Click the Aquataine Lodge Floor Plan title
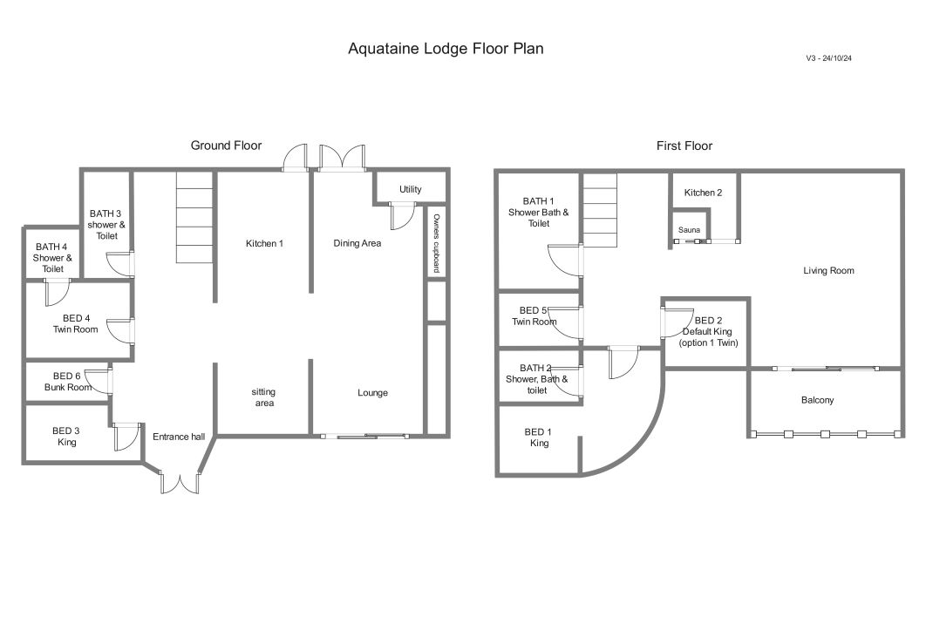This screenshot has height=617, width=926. point(446,49)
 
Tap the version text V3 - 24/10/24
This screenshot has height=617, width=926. point(828,58)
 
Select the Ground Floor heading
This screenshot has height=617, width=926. point(226,146)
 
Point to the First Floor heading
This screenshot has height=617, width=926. point(684,146)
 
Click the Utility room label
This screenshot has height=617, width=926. point(411,189)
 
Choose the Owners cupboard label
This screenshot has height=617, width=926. point(437,243)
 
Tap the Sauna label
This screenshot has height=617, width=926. point(689,230)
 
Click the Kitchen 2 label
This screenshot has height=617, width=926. point(703,193)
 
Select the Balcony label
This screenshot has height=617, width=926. point(817,400)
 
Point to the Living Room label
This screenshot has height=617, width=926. point(828,270)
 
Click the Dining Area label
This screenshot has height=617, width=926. point(357,242)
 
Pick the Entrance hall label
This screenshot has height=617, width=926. point(179,437)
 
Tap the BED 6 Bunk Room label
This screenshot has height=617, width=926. point(67,382)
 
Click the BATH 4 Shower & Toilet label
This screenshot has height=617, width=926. point(52,257)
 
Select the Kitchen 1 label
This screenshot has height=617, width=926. point(264,243)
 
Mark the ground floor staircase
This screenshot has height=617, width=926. point(194,217)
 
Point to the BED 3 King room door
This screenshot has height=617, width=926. point(126,437)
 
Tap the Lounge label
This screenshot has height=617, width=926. point(372,393)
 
